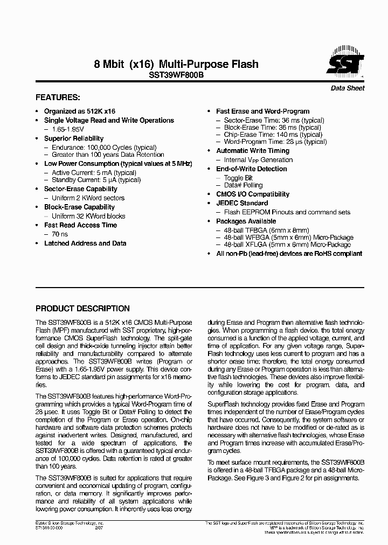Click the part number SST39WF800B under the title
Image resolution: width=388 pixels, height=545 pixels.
[x=176, y=76]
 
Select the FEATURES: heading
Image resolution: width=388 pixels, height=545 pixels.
[x=58, y=98]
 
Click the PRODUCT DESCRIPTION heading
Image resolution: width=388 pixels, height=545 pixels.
[x=82, y=309]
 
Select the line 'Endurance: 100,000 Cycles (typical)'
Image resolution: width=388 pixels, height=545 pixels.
[x=104, y=147]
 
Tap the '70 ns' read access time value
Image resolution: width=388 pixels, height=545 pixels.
[x=60, y=234]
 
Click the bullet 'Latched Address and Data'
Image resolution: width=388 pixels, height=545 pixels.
[x=85, y=243]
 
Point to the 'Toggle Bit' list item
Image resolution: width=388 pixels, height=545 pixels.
[x=238, y=178]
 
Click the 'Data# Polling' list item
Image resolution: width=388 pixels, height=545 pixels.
[x=243, y=185]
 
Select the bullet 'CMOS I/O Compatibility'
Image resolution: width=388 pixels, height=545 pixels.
[x=253, y=194]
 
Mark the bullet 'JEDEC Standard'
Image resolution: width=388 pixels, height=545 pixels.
[x=242, y=203]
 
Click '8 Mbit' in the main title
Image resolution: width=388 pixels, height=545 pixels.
[x=109, y=65]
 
